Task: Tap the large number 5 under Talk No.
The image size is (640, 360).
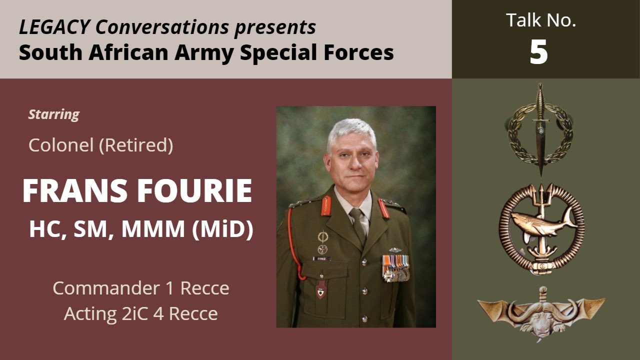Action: [539, 52]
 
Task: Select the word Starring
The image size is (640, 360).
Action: [53, 114]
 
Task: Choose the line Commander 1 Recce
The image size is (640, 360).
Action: [141, 288]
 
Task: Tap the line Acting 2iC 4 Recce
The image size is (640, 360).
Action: [141, 314]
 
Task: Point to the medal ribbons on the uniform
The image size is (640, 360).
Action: [395, 264]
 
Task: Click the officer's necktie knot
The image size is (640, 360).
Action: [356, 214]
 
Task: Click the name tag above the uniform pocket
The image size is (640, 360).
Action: [321, 259]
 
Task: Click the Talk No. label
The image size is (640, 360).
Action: [540, 20]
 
